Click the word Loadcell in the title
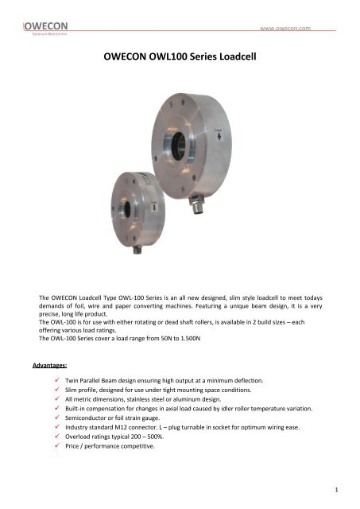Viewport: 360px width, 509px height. coord(235,58)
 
